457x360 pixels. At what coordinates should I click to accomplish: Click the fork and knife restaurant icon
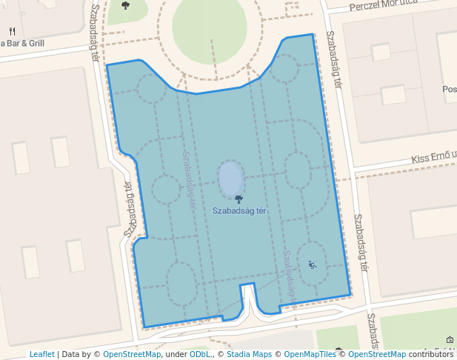tap(13, 32)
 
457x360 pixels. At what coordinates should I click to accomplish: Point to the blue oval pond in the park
tap(231, 179)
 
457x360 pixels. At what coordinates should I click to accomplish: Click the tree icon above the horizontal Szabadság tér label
tap(238, 199)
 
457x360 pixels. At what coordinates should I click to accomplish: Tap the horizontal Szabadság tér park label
tap(238, 210)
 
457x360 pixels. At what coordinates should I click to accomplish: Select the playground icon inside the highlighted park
tap(313, 264)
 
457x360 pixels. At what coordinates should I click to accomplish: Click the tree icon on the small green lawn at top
tap(124, 6)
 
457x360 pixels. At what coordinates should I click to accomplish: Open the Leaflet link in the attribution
tap(41, 354)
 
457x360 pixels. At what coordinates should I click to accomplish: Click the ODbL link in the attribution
tap(199, 354)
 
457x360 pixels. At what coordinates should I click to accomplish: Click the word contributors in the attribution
tap(431, 354)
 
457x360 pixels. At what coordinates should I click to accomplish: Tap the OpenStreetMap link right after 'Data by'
tap(132, 354)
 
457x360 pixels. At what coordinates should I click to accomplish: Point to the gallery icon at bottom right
tap(450, 340)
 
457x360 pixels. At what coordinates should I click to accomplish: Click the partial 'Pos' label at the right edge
tap(449, 89)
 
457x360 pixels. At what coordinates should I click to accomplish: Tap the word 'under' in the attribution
tap(176, 354)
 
